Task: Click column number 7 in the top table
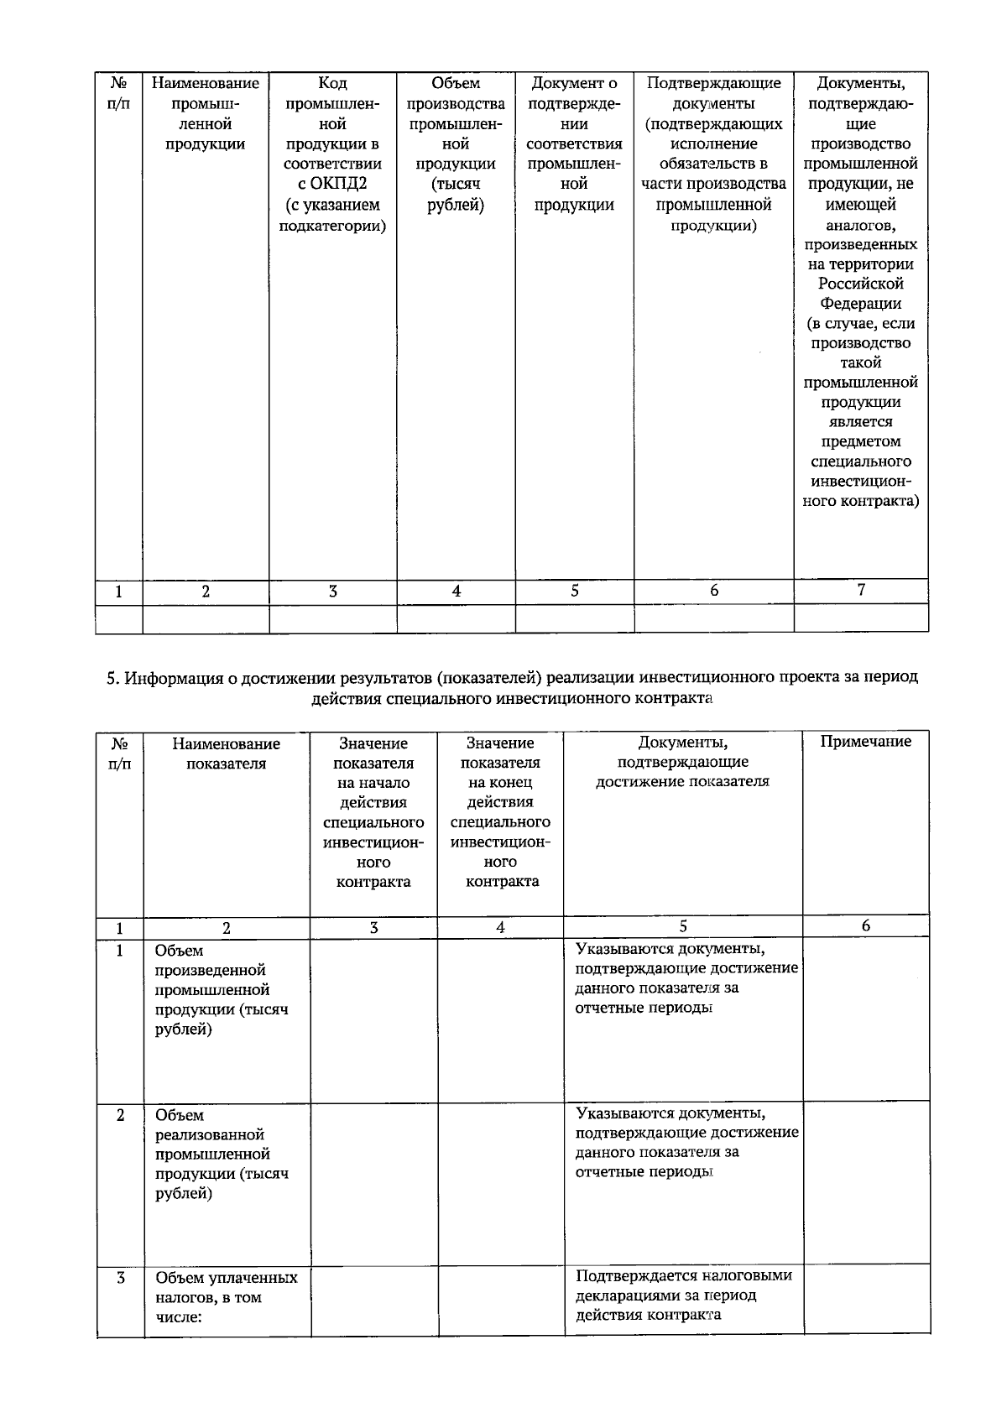tap(861, 590)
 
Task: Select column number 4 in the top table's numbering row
tap(456, 591)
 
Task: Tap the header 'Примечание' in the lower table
tap(865, 741)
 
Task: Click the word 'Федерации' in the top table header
tap(861, 304)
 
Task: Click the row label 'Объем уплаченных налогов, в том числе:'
tap(225, 1297)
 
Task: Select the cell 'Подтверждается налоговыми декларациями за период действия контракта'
tap(683, 1295)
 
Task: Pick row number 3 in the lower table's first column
tap(120, 1278)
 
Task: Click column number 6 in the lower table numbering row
tap(866, 925)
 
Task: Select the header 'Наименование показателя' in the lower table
tap(226, 753)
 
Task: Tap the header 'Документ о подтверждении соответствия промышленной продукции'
tap(574, 143)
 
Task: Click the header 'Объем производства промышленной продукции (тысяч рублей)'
tap(456, 143)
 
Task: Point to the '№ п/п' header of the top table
tap(119, 93)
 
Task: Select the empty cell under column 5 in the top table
tap(574, 618)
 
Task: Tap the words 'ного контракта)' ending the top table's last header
tap(861, 502)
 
